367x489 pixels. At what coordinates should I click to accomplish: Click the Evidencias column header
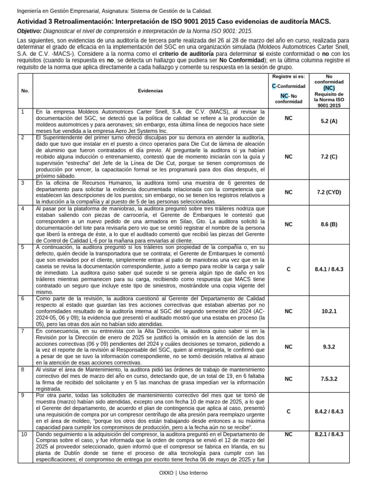(151, 90)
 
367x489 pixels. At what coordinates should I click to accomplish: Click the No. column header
(25, 90)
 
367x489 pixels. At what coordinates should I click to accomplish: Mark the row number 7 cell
(22, 331)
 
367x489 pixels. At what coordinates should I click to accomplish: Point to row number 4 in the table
(22, 209)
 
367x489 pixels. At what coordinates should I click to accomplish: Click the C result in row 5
(288, 269)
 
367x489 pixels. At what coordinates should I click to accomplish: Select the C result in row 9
(288, 411)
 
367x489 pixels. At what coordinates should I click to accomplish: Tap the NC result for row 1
(288, 118)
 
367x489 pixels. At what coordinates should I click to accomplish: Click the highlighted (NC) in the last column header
(329, 88)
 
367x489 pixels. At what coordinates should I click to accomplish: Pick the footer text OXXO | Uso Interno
(183, 472)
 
